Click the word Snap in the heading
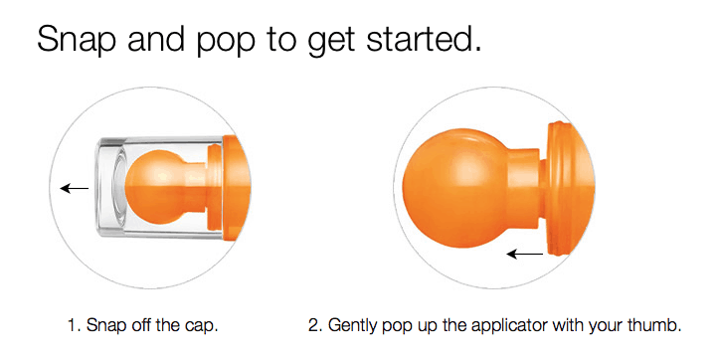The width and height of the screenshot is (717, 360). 76,39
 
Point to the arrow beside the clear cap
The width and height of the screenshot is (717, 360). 74,188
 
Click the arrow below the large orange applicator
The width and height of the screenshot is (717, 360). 525,253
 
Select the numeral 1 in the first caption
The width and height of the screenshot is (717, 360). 73,326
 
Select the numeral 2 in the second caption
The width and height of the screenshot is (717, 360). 314,326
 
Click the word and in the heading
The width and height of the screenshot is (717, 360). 156,39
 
